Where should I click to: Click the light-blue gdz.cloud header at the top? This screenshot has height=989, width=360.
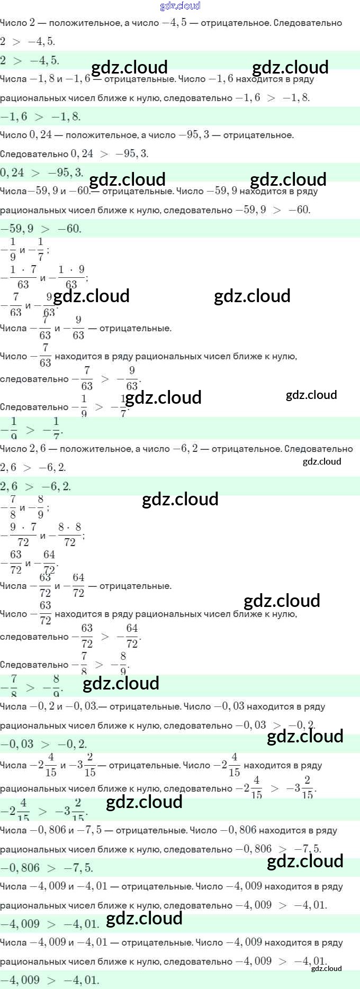click(x=180, y=6)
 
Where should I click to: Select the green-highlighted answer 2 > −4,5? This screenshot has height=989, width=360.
click(x=30, y=60)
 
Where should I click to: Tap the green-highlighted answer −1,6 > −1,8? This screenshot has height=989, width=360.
click(x=40, y=116)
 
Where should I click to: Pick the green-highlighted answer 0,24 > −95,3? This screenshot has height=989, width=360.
click(x=42, y=173)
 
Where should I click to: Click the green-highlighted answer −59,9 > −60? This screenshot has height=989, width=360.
click(x=41, y=229)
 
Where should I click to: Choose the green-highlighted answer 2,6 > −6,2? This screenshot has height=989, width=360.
click(x=35, y=486)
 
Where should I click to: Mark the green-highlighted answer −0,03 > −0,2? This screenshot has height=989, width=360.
click(x=43, y=744)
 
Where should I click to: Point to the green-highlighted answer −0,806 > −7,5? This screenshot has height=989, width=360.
click(x=47, y=868)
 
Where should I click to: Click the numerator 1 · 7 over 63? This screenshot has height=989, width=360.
click(x=23, y=269)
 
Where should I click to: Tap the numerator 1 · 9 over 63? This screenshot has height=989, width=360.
click(x=71, y=269)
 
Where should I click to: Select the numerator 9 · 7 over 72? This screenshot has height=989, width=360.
click(x=23, y=527)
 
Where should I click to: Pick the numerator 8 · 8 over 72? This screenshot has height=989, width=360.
click(x=70, y=527)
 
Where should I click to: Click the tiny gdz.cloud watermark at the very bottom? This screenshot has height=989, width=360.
click(x=326, y=968)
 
